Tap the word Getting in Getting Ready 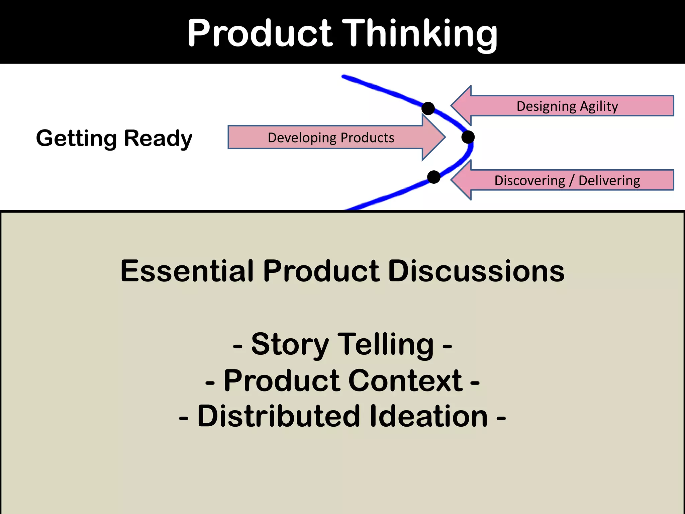click(77, 139)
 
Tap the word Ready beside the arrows click(158, 139)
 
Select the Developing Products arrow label click(331, 138)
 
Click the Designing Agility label click(567, 106)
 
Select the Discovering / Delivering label click(567, 180)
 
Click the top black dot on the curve click(428, 108)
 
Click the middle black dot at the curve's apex click(468, 137)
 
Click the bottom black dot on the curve click(433, 177)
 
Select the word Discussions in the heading click(476, 271)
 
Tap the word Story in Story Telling click(290, 345)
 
